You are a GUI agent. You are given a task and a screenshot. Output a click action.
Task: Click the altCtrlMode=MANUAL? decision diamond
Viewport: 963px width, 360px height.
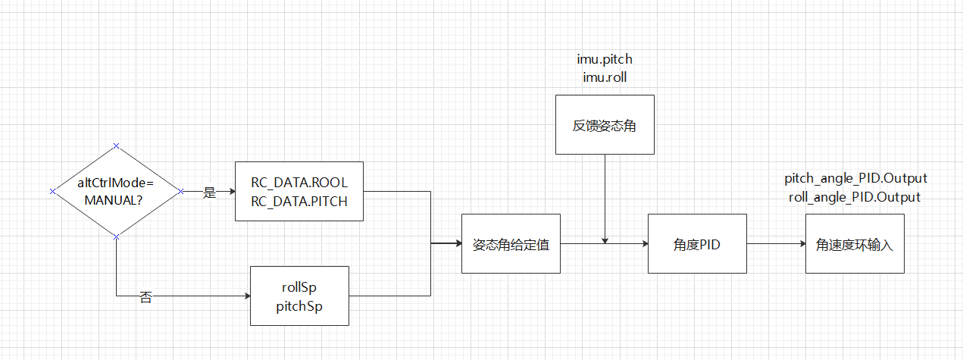[116, 191]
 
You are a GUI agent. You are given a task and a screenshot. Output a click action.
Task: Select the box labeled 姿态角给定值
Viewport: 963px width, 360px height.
[511, 244]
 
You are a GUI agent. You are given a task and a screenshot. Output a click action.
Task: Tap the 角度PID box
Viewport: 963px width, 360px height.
[696, 244]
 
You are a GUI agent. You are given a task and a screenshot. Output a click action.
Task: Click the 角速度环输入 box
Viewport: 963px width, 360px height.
[854, 244]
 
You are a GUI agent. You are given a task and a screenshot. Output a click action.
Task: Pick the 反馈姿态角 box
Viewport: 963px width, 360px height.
[604, 125]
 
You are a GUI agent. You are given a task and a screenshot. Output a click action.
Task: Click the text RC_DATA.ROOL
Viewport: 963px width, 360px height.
[299, 183]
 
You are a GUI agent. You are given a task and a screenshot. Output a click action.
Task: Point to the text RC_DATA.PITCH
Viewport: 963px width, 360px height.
[299, 201]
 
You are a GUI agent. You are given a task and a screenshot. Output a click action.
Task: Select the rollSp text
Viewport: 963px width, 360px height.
[299, 287]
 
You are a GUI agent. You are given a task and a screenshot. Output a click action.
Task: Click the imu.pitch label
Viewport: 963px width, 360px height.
[604, 59]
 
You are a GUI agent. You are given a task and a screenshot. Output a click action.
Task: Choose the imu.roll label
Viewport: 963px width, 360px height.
[604, 77]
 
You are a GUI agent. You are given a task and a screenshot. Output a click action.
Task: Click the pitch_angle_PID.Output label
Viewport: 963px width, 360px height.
[855, 179]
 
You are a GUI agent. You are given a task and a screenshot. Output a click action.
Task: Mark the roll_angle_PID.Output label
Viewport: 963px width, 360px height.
[855, 197]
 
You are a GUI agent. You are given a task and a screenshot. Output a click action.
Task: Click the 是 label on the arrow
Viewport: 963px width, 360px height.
[210, 193]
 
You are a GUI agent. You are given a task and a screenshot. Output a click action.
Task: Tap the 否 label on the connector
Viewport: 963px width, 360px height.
[146, 298]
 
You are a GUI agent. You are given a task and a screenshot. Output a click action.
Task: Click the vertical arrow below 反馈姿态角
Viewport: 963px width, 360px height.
[604, 197]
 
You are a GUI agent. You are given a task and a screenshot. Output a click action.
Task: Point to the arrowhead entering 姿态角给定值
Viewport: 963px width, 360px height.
[457, 244]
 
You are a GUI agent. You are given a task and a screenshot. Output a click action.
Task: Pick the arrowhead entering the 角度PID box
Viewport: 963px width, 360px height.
[643, 244]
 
